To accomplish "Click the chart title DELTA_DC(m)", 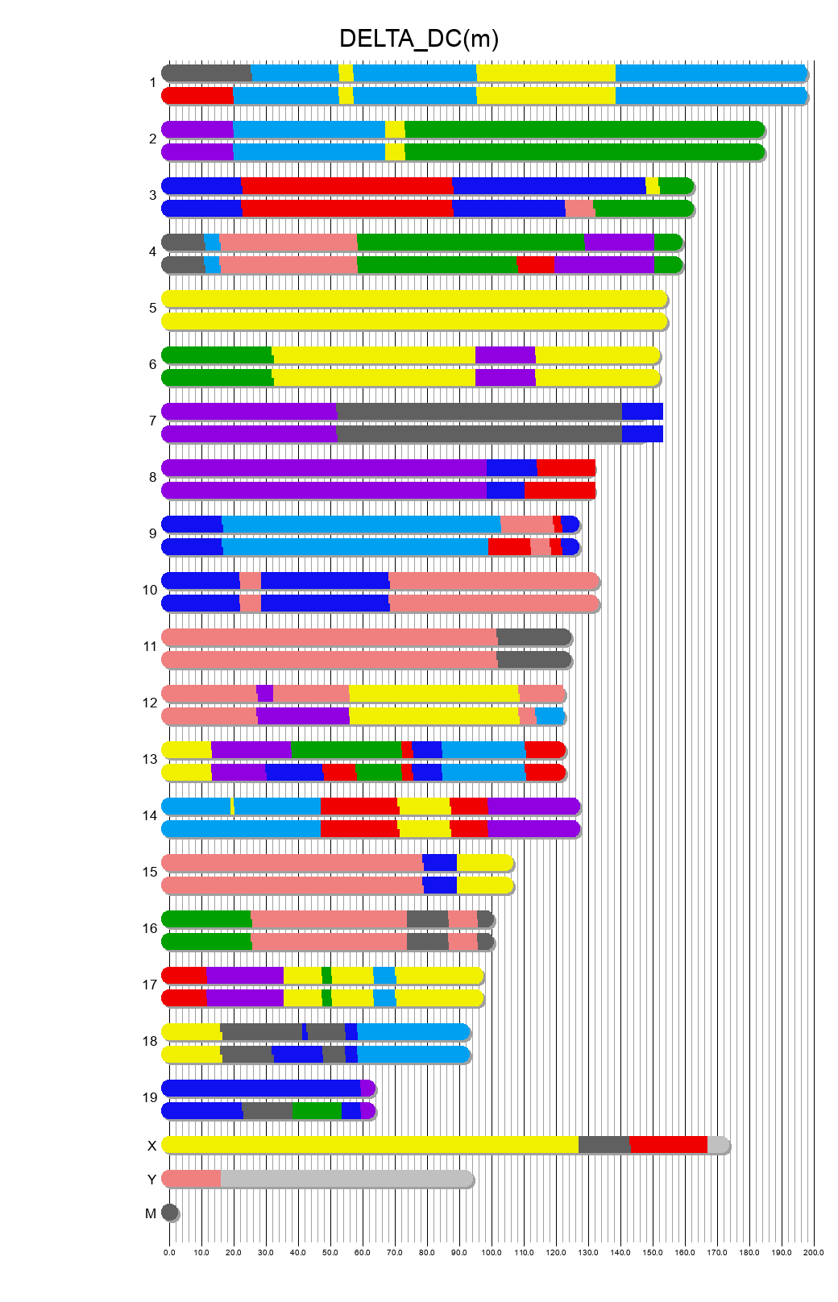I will click(418, 39).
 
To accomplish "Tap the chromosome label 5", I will click(153, 308).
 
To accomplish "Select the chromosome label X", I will click(151, 1146).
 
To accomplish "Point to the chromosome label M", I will click(151, 1213).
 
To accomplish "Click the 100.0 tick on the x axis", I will click(492, 1252).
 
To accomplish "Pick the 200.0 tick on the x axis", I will click(814, 1252).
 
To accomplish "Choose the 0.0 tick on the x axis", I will click(169, 1252).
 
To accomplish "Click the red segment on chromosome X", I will click(668, 1145).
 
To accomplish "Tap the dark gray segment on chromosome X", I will click(604, 1145).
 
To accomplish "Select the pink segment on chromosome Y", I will click(192, 1179).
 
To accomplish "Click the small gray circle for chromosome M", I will click(169, 1213).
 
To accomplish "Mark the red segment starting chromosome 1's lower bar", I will click(198, 96).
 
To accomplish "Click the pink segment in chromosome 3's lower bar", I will click(579, 209).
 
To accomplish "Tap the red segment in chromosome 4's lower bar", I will click(535, 265).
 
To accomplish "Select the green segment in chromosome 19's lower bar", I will click(317, 1111).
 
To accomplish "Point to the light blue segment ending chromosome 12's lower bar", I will click(550, 716).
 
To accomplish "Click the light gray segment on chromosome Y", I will click(346, 1179).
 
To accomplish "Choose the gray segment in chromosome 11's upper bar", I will click(533, 637).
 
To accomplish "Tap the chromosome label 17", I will click(150, 985).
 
